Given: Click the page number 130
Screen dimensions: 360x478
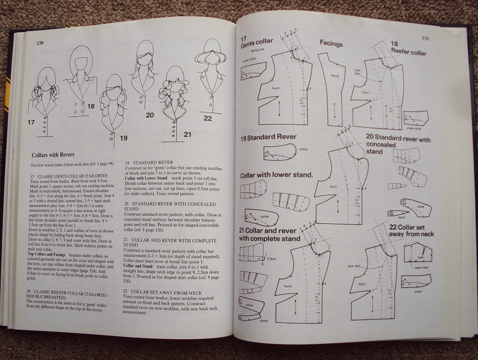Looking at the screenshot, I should (x=40, y=43).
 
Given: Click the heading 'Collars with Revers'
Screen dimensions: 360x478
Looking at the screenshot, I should (x=53, y=154).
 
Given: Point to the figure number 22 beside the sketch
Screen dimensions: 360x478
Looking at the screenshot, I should (x=208, y=118).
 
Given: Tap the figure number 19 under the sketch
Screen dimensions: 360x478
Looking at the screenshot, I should (x=124, y=138).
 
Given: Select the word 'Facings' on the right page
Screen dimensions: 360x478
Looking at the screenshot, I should (x=331, y=43).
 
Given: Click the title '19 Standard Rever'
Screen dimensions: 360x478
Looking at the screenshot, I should (x=268, y=138).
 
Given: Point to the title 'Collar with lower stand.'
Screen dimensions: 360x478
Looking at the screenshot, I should (x=276, y=175).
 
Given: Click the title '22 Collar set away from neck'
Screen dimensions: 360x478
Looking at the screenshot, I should (x=411, y=231).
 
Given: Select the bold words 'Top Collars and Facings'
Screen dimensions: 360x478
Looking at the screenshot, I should (x=50, y=254).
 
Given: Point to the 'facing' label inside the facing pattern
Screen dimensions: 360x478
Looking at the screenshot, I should (x=335, y=76).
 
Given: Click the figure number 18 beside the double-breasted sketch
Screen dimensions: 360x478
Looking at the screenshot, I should (x=91, y=106).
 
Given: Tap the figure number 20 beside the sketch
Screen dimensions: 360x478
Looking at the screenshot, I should (x=149, y=115).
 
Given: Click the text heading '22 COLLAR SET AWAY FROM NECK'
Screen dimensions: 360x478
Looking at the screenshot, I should (x=163, y=292).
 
